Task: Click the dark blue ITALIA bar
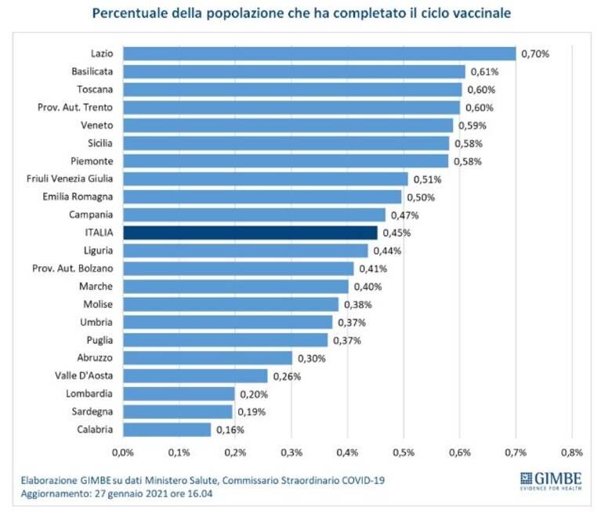(x=250, y=233)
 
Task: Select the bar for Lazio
(x=320, y=53)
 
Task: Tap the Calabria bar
(x=167, y=429)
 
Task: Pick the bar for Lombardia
(x=179, y=394)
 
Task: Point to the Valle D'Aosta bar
(x=195, y=376)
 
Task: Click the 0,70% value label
(x=535, y=54)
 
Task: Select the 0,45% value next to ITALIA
(x=396, y=233)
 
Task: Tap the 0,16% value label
(x=230, y=430)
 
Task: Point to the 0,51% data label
(x=427, y=179)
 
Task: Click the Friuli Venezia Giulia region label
(x=70, y=179)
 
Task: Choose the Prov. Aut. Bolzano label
(x=72, y=268)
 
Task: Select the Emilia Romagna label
(x=78, y=197)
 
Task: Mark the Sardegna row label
(x=92, y=412)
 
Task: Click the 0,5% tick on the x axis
(x=404, y=453)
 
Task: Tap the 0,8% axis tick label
(x=572, y=453)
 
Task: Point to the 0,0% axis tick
(x=123, y=453)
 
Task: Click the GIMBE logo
(x=551, y=481)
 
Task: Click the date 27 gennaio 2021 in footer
(x=132, y=493)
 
